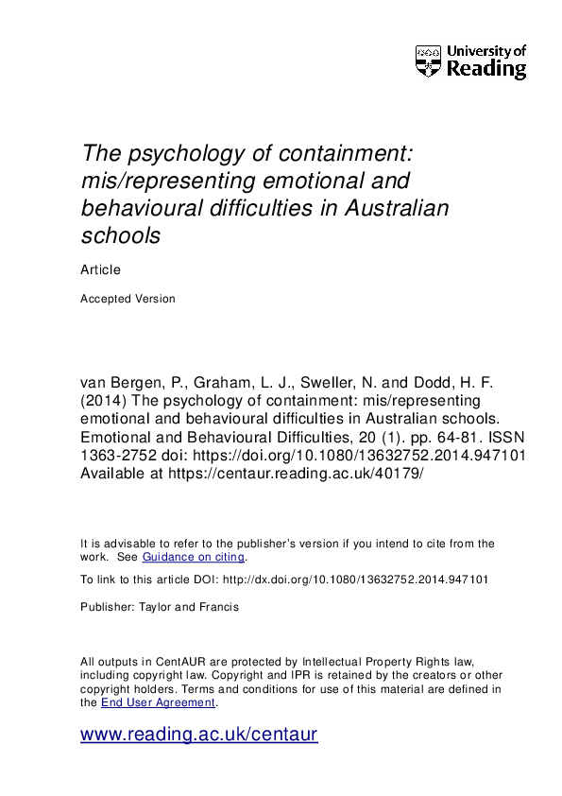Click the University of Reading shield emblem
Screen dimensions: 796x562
[x=429, y=61]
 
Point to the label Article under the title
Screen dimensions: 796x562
[x=100, y=269]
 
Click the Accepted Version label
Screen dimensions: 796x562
[x=128, y=299]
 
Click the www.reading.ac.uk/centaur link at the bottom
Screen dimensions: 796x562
[x=198, y=735]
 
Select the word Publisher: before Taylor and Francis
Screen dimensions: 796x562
[x=108, y=607]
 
